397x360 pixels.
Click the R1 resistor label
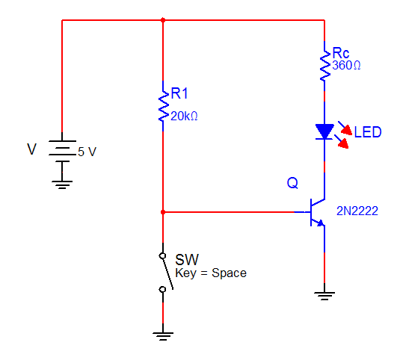tap(179, 93)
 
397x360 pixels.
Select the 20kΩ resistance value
tap(184, 116)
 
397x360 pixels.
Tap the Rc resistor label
tap(340, 53)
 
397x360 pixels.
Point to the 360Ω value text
tap(346, 65)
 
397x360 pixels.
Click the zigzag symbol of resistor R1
tap(163, 106)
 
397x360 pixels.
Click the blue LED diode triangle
tap(324, 131)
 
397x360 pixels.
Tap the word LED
tap(368, 132)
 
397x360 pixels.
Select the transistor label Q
tap(292, 183)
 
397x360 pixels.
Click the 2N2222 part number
tap(357, 211)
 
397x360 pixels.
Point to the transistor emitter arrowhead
tap(321, 223)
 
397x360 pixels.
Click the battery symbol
tap(62, 151)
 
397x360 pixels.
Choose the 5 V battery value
tap(87, 152)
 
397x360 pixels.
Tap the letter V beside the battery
tap(32, 149)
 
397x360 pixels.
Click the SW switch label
tap(187, 260)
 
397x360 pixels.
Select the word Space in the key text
tap(229, 273)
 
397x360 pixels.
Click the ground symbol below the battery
tap(62, 184)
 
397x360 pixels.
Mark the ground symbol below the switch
tap(163, 336)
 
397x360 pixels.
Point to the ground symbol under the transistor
tap(324, 296)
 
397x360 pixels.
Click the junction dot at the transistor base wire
tap(163, 212)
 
